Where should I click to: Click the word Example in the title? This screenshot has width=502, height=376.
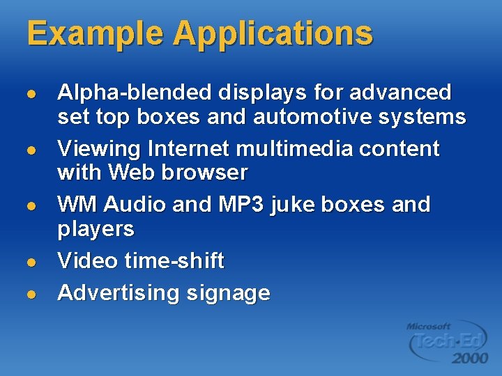(x=96, y=34)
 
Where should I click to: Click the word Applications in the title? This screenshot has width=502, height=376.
(x=273, y=34)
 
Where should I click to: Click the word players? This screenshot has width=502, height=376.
(x=96, y=229)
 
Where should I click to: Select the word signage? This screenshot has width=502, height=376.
(x=227, y=294)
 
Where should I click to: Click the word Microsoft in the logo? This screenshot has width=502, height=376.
(x=429, y=326)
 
